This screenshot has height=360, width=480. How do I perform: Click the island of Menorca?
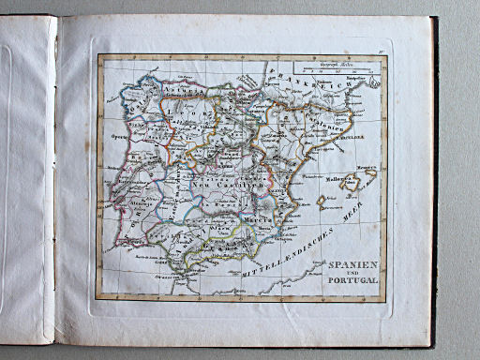click(x=370, y=173)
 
